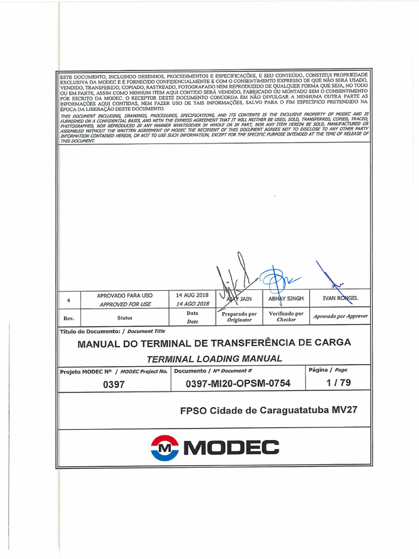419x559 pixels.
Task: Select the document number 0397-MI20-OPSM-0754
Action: point(238,383)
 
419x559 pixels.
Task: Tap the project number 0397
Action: point(114,384)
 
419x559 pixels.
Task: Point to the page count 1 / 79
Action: point(338,383)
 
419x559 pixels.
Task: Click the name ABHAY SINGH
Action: point(286,299)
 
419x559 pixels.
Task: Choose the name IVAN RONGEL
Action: point(340,299)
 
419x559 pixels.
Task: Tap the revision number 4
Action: point(68,300)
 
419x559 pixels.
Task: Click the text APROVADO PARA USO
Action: point(125,295)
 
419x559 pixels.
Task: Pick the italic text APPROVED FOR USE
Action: point(125,304)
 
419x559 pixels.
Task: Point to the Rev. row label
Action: point(69,318)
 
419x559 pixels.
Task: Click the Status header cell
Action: point(124,317)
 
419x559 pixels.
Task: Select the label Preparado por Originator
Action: point(239,317)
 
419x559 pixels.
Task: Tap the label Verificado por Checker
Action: point(286,317)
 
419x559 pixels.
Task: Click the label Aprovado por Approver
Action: point(340,316)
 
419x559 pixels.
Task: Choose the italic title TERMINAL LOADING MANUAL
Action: point(214,359)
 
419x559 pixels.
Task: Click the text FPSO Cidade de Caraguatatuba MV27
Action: point(268,410)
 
